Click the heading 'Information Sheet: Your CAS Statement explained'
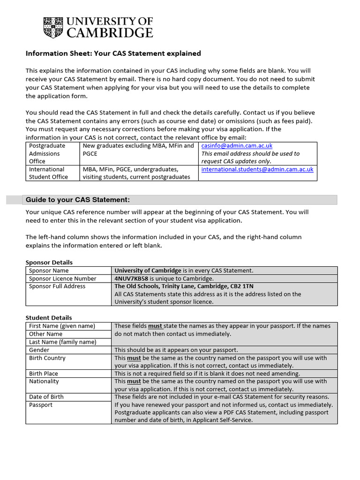[113, 53]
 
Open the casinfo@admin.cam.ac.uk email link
[237, 146]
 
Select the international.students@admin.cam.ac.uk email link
[257, 169]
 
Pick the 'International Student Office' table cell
[48, 173]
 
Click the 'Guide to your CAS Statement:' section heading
[77, 200]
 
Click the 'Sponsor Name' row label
[49, 270]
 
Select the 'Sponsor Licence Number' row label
[62, 278]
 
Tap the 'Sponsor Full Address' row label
[57, 286]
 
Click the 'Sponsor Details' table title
[49, 262]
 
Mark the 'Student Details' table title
[49, 318]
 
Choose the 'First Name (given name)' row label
[62, 326]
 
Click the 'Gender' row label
[39, 350]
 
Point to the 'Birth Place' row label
[44, 374]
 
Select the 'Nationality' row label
[44, 382]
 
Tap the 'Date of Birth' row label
[46, 397]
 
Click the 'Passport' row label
[41, 405]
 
